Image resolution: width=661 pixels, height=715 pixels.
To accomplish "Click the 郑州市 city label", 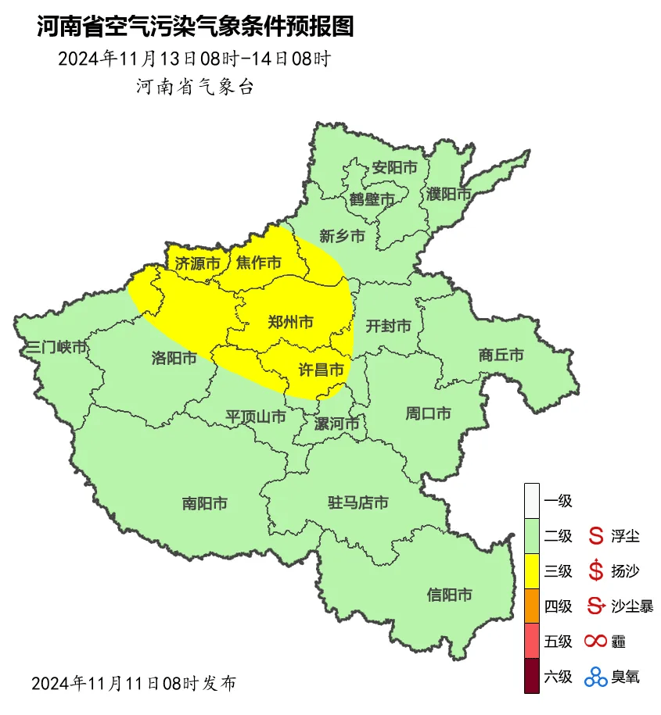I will pyautogui.click(x=291, y=321).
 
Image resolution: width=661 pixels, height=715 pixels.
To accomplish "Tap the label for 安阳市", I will pyautogui.click(x=394, y=167).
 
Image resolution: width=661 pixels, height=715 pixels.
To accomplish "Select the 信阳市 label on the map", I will pyautogui.click(x=450, y=595).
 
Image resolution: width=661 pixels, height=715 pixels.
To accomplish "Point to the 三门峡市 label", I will pyautogui.click(x=56, y=348).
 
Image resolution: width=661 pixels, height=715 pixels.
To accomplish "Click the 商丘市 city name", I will pyautogui.click(x=501, y=355).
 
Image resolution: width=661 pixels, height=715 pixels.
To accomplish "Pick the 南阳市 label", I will pyautogui.click(x=205, y=503).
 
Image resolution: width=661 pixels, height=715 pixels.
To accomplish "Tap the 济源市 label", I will pyautogui.click(x=197, y=263).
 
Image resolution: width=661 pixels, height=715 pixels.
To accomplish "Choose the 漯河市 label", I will pyautogui.click(x=336, y=424).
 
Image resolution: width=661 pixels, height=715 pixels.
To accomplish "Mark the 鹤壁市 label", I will pyautogui.click(x=372, y=200).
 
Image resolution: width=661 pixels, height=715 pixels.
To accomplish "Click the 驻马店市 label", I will pyautogui.click(x=357, y=502).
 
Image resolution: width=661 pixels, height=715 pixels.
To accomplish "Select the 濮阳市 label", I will pyautogui.click(x=449, y=193).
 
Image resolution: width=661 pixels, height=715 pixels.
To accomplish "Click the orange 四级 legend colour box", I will pyautogui.click(x=532, y=606).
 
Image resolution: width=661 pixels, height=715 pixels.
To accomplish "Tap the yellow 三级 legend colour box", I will pyautogui.click(x=532, y=570).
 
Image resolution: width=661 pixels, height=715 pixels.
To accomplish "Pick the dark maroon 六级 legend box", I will pyautogui.click(x=532, y=676).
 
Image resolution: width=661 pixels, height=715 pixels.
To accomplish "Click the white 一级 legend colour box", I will pyautogui.click(x=532, y=500).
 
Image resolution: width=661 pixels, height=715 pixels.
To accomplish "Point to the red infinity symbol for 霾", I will pyautogui.click(x=595, y=642).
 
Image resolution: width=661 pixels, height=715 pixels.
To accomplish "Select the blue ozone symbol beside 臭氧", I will pyautogui.click(x=596, y=677).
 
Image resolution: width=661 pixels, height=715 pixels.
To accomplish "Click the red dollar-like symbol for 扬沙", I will pyautogui.click(x=596, y=571).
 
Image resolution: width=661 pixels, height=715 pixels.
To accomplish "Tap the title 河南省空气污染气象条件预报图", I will pyautogui.click(x=196, y=27).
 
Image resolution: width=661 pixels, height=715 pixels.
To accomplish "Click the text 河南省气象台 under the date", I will pyautogui.click(x=195, y=87).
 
